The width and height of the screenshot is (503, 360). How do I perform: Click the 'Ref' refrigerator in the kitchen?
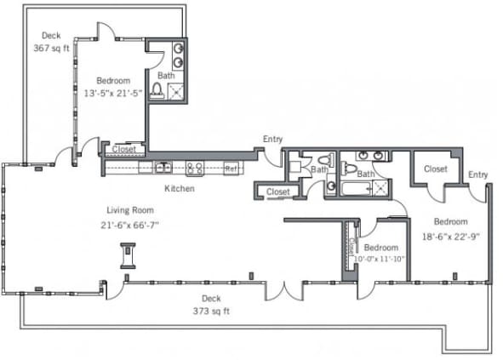tap(231, 169)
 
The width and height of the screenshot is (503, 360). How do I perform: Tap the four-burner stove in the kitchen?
tap(194, 168)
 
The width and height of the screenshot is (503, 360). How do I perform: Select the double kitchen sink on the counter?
tap(163, 167)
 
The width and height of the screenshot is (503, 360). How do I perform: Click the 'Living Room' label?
tap(129, 210)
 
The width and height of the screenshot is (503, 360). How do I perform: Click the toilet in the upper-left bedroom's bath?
tap(157, 89)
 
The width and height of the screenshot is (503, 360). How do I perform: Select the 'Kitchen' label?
tap(180, 188)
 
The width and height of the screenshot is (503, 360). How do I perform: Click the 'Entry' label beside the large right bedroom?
tap(478, 175)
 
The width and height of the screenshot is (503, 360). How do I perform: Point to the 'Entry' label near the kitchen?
tap(272, 139)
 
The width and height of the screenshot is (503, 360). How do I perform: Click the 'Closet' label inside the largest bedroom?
tap(435, 169)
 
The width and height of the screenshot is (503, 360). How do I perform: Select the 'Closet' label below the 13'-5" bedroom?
tap(123, 149)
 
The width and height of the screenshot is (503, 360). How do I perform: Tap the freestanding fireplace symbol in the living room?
tap(129, 255)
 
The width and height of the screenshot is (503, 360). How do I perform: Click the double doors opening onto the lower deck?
tap(283, 289)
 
